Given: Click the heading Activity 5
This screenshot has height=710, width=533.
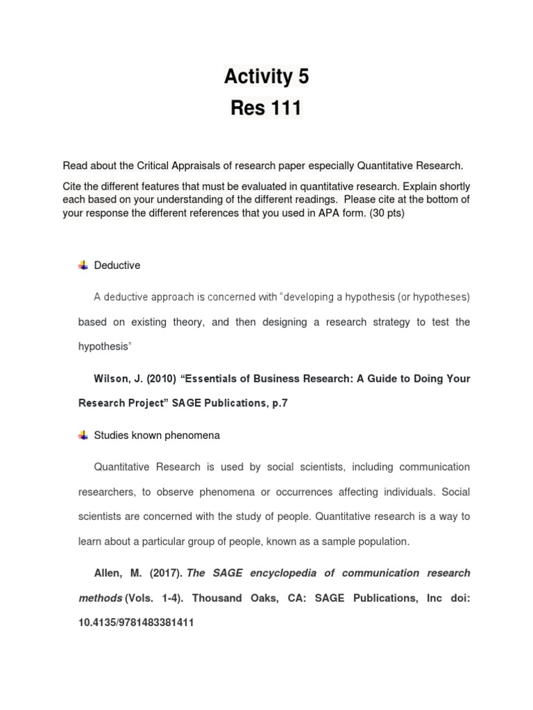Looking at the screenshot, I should click(x=266, y=77).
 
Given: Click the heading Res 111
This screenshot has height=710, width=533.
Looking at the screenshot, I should click(x=266, y=109).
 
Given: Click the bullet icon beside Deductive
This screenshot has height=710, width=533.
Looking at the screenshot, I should click(x=83, y=265).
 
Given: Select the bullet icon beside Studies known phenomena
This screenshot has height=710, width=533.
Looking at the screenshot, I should click(x=83, y=435).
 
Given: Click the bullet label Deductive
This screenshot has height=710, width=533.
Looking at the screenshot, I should click(x=117, y=265).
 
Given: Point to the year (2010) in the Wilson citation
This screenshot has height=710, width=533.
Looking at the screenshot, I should click(x=157, y=379).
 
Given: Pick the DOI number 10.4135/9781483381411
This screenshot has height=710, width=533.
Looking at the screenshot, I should click(x=136, y=623).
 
